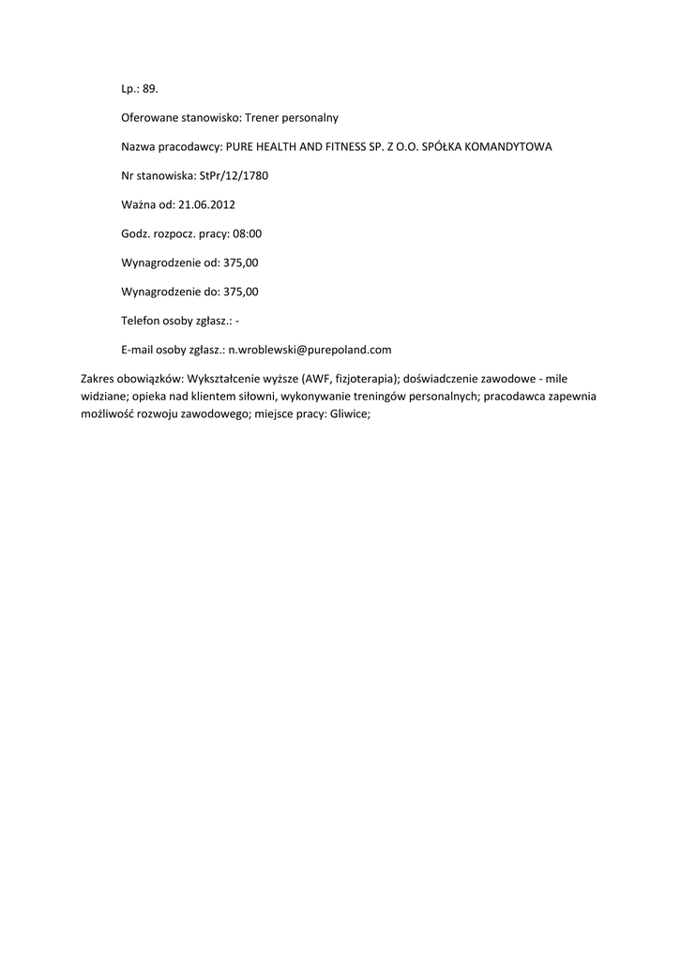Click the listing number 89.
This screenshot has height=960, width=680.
[x=151, y=89]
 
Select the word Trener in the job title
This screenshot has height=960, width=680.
[x=264, y=118]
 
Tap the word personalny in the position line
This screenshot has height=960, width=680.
[x=311, y=118]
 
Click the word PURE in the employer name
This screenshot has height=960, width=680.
[x=240, y=147]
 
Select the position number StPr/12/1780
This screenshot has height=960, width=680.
[x=234, y=175]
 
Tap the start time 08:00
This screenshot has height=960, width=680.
[x=247, y=233]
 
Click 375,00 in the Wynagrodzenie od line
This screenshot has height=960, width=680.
[x=240, y=262]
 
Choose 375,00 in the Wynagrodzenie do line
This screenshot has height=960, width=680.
[x=241, y=292]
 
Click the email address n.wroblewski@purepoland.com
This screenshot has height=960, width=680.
[x=310, y=350]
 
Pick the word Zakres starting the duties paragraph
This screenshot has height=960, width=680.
[x=98, y=379]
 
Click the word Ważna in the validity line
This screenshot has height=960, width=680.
[x=139, y=204]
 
